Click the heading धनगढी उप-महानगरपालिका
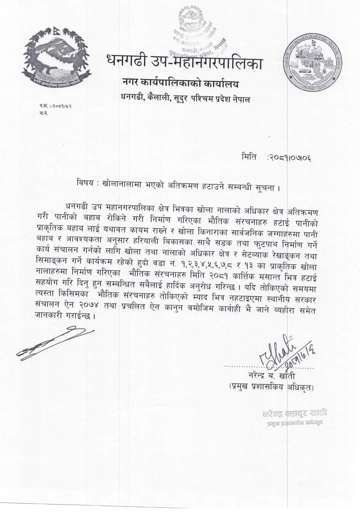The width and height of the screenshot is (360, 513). pyautogui.click(x=184, y=62)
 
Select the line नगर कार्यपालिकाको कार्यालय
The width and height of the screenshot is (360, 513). pyautogui.click(x=180, y=84)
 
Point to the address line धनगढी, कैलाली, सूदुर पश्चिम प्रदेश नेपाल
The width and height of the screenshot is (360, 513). pyautogui.click(x=185, y=99)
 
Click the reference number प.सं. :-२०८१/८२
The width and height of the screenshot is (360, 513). pyautogui.click(x=56, y=106)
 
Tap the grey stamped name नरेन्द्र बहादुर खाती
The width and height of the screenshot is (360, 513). pyautogui.click(x=294, y=413)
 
